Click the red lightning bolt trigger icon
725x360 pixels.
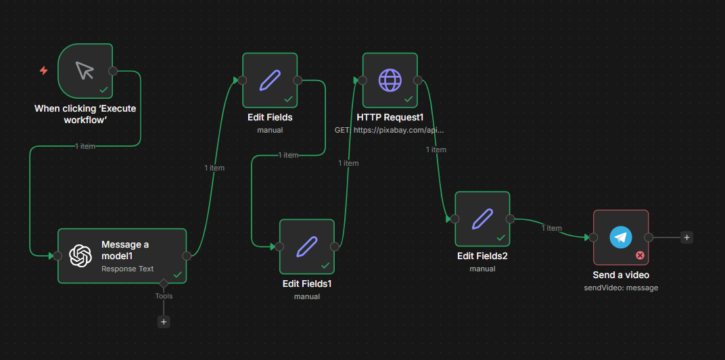coord(43,70)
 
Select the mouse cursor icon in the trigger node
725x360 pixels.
coord(85,70)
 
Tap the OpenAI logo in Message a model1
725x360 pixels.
coord(80,255)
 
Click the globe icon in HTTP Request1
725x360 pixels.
coord(390,80)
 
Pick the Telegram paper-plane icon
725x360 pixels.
coord(620,238)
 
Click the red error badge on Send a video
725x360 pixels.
coord(640,255)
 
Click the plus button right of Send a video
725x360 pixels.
coord(686,238)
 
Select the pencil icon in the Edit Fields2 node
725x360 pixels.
coord(482,219)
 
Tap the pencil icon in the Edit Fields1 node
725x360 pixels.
coord(306,246)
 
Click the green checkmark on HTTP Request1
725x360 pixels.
coord(408,99)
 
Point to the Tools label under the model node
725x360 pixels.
coord(164,296)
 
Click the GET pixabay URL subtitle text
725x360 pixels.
coord(390,130)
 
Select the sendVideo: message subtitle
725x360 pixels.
coord(621,288)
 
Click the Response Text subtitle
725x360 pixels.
coord(128,269)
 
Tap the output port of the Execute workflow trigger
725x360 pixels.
coord(112,71)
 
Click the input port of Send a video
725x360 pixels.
coord(593,238)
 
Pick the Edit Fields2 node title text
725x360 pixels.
coord(482,256)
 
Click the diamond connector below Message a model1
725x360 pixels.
coord(163,283)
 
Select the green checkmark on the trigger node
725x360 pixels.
coord(104,90)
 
